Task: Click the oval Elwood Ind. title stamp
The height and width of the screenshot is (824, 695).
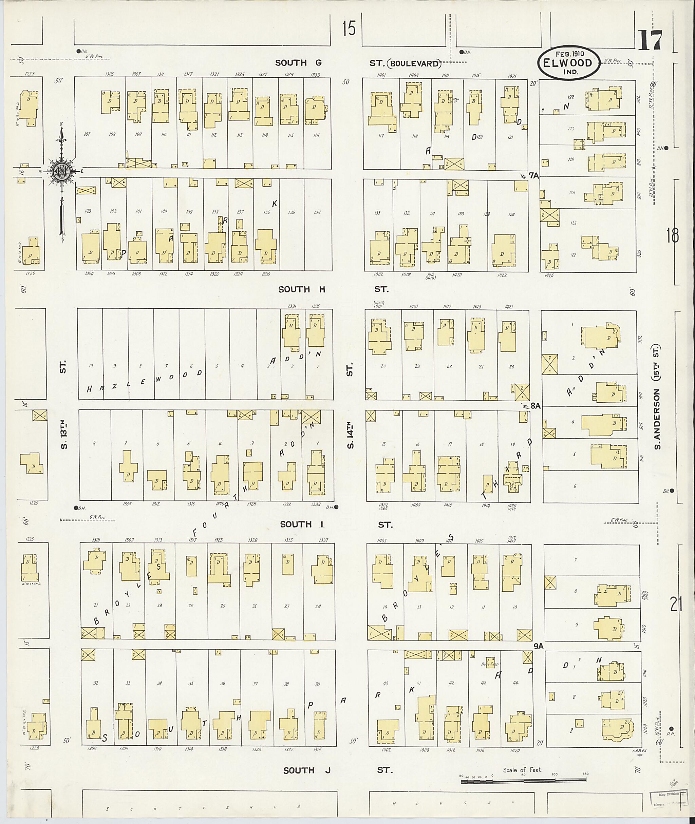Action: tap(569, 63)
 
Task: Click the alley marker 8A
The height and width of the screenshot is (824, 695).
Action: tap(535, 406)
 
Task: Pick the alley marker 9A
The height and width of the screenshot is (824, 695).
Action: tap(539, 646)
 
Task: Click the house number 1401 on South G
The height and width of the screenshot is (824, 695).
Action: tap(381, 75)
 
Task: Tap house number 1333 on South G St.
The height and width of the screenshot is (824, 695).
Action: tap(315, 74)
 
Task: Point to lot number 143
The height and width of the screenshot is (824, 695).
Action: tap(88, 211)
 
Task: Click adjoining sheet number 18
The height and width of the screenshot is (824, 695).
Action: tap(673, 236)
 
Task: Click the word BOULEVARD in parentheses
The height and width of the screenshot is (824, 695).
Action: tap(416, 63)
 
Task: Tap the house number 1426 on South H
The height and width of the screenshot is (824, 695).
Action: tap(548, 275)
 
